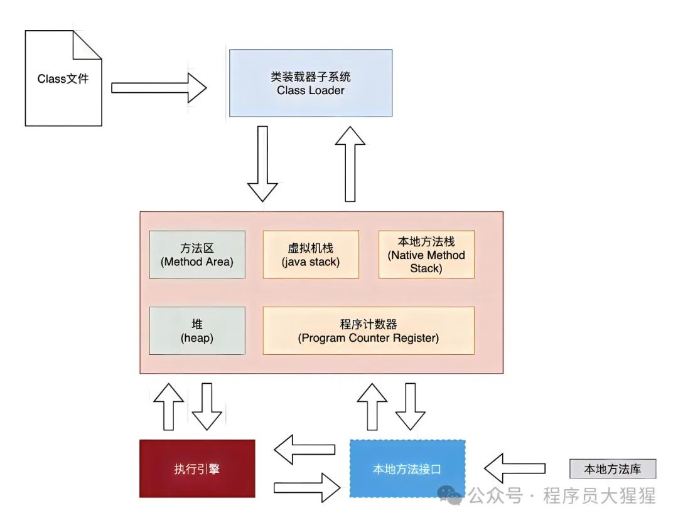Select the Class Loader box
coord(311,83)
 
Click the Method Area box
coord(197,255)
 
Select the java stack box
coord(311,255)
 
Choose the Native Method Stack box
coord(426,255)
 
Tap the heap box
coord(197,330)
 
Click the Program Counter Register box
coord(368,330)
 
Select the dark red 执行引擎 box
coord(197,468)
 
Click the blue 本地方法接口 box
coord(407,468)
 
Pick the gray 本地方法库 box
coord(613,469)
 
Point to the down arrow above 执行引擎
coord(207,406)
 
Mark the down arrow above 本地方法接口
coord(411,406)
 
